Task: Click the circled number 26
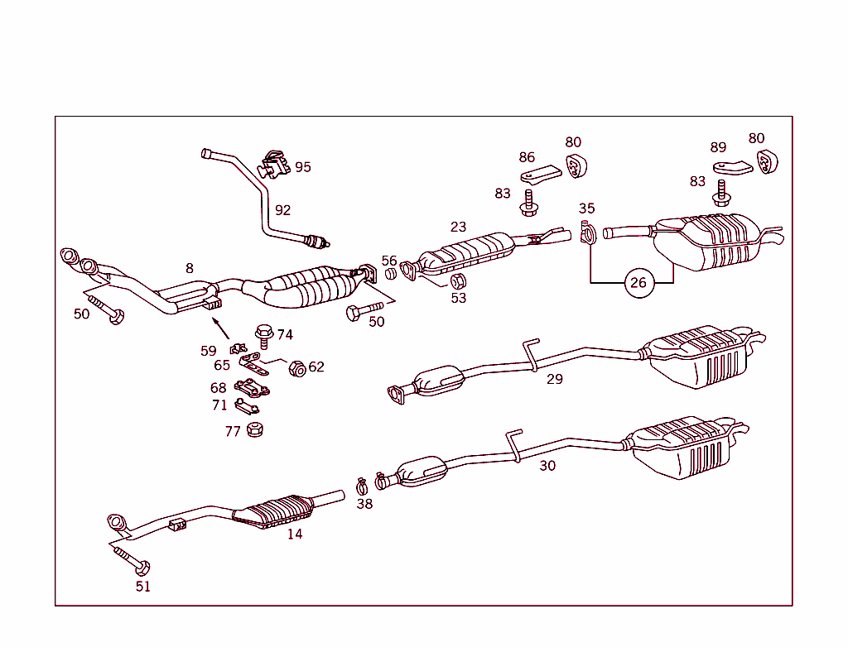coord(638,283)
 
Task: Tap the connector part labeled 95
coord(274,164)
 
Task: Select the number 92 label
coord(282,210)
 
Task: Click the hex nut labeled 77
coord(255,429)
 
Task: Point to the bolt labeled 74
coord(264,335)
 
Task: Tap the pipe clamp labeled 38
coord(362,483)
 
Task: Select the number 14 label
coord(295,534)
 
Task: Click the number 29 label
coord(554,379)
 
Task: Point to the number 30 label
coord(547,465)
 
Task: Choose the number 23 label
coord(458,227)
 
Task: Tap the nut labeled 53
coord(457,279)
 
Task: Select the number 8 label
coord(190,268)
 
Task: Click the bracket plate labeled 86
coord(540,175)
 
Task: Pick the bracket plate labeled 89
coord(732,166)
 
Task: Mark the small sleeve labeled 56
coord(390,274)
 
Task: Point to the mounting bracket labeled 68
coord(252,387)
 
